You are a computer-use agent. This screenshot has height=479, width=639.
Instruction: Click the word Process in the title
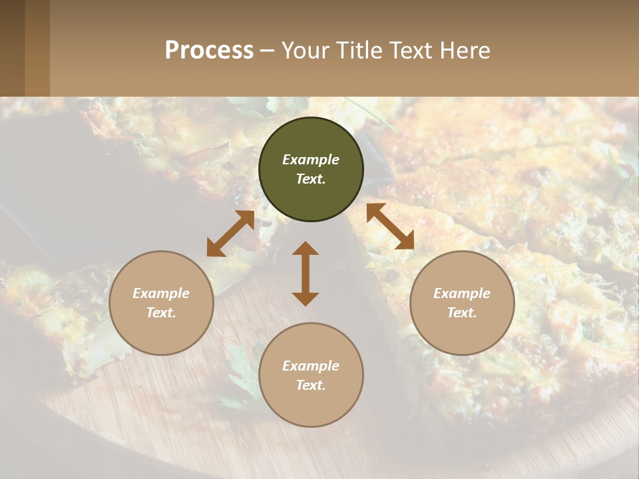209,51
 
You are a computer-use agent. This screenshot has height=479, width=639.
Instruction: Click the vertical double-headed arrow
306,273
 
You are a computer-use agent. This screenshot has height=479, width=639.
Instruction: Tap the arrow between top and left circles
230,234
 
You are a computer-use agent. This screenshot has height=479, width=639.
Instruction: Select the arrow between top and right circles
390,226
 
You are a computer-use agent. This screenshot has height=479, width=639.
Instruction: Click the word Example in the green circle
311,160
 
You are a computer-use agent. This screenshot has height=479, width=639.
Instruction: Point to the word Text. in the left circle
161,313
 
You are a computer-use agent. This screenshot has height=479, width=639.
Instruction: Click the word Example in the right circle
462,293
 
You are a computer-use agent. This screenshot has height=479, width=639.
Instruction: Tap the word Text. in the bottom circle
311,385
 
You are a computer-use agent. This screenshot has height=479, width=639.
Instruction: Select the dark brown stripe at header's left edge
12,48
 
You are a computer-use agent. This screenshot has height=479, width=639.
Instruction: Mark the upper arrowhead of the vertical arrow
306,249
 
